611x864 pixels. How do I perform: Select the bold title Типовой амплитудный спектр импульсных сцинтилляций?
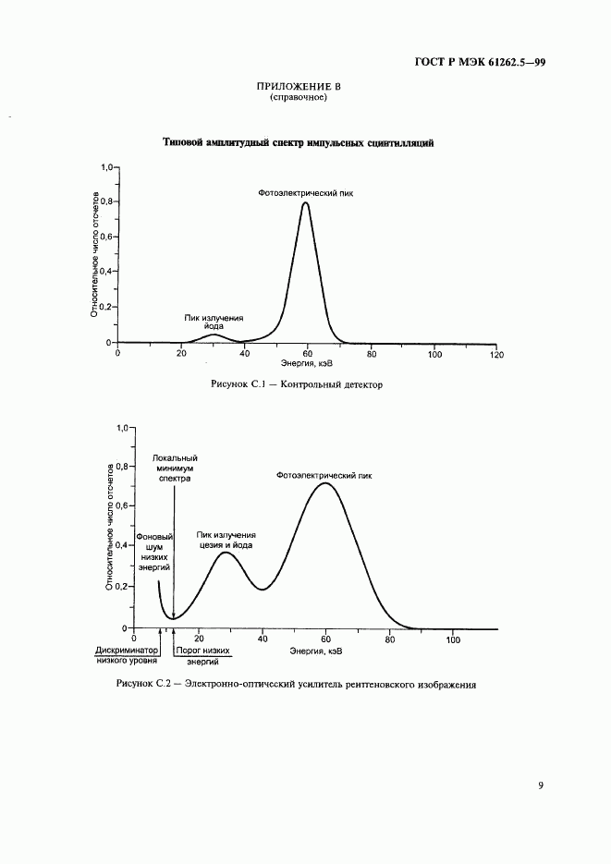(x=299, y=143)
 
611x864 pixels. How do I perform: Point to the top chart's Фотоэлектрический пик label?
(x=305, y=193)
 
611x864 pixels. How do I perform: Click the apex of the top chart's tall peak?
(x=305, y=203)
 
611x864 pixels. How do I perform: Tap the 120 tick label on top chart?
(x=495, y=354)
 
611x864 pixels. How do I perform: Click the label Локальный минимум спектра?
(x=174, y=469)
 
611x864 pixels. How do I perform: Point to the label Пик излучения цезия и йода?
(x=226, y=540)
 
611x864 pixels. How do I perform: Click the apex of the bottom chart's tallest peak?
(x=324, y=482)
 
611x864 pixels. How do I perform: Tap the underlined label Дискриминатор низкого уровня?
(x=127, y=656)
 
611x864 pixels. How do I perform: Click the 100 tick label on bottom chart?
(x=453, y=639)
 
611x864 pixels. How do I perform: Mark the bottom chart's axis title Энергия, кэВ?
(x=316, y=651)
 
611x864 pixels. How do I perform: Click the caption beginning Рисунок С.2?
(x=297, y=685)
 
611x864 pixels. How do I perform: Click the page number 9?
(x=541, y=786)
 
